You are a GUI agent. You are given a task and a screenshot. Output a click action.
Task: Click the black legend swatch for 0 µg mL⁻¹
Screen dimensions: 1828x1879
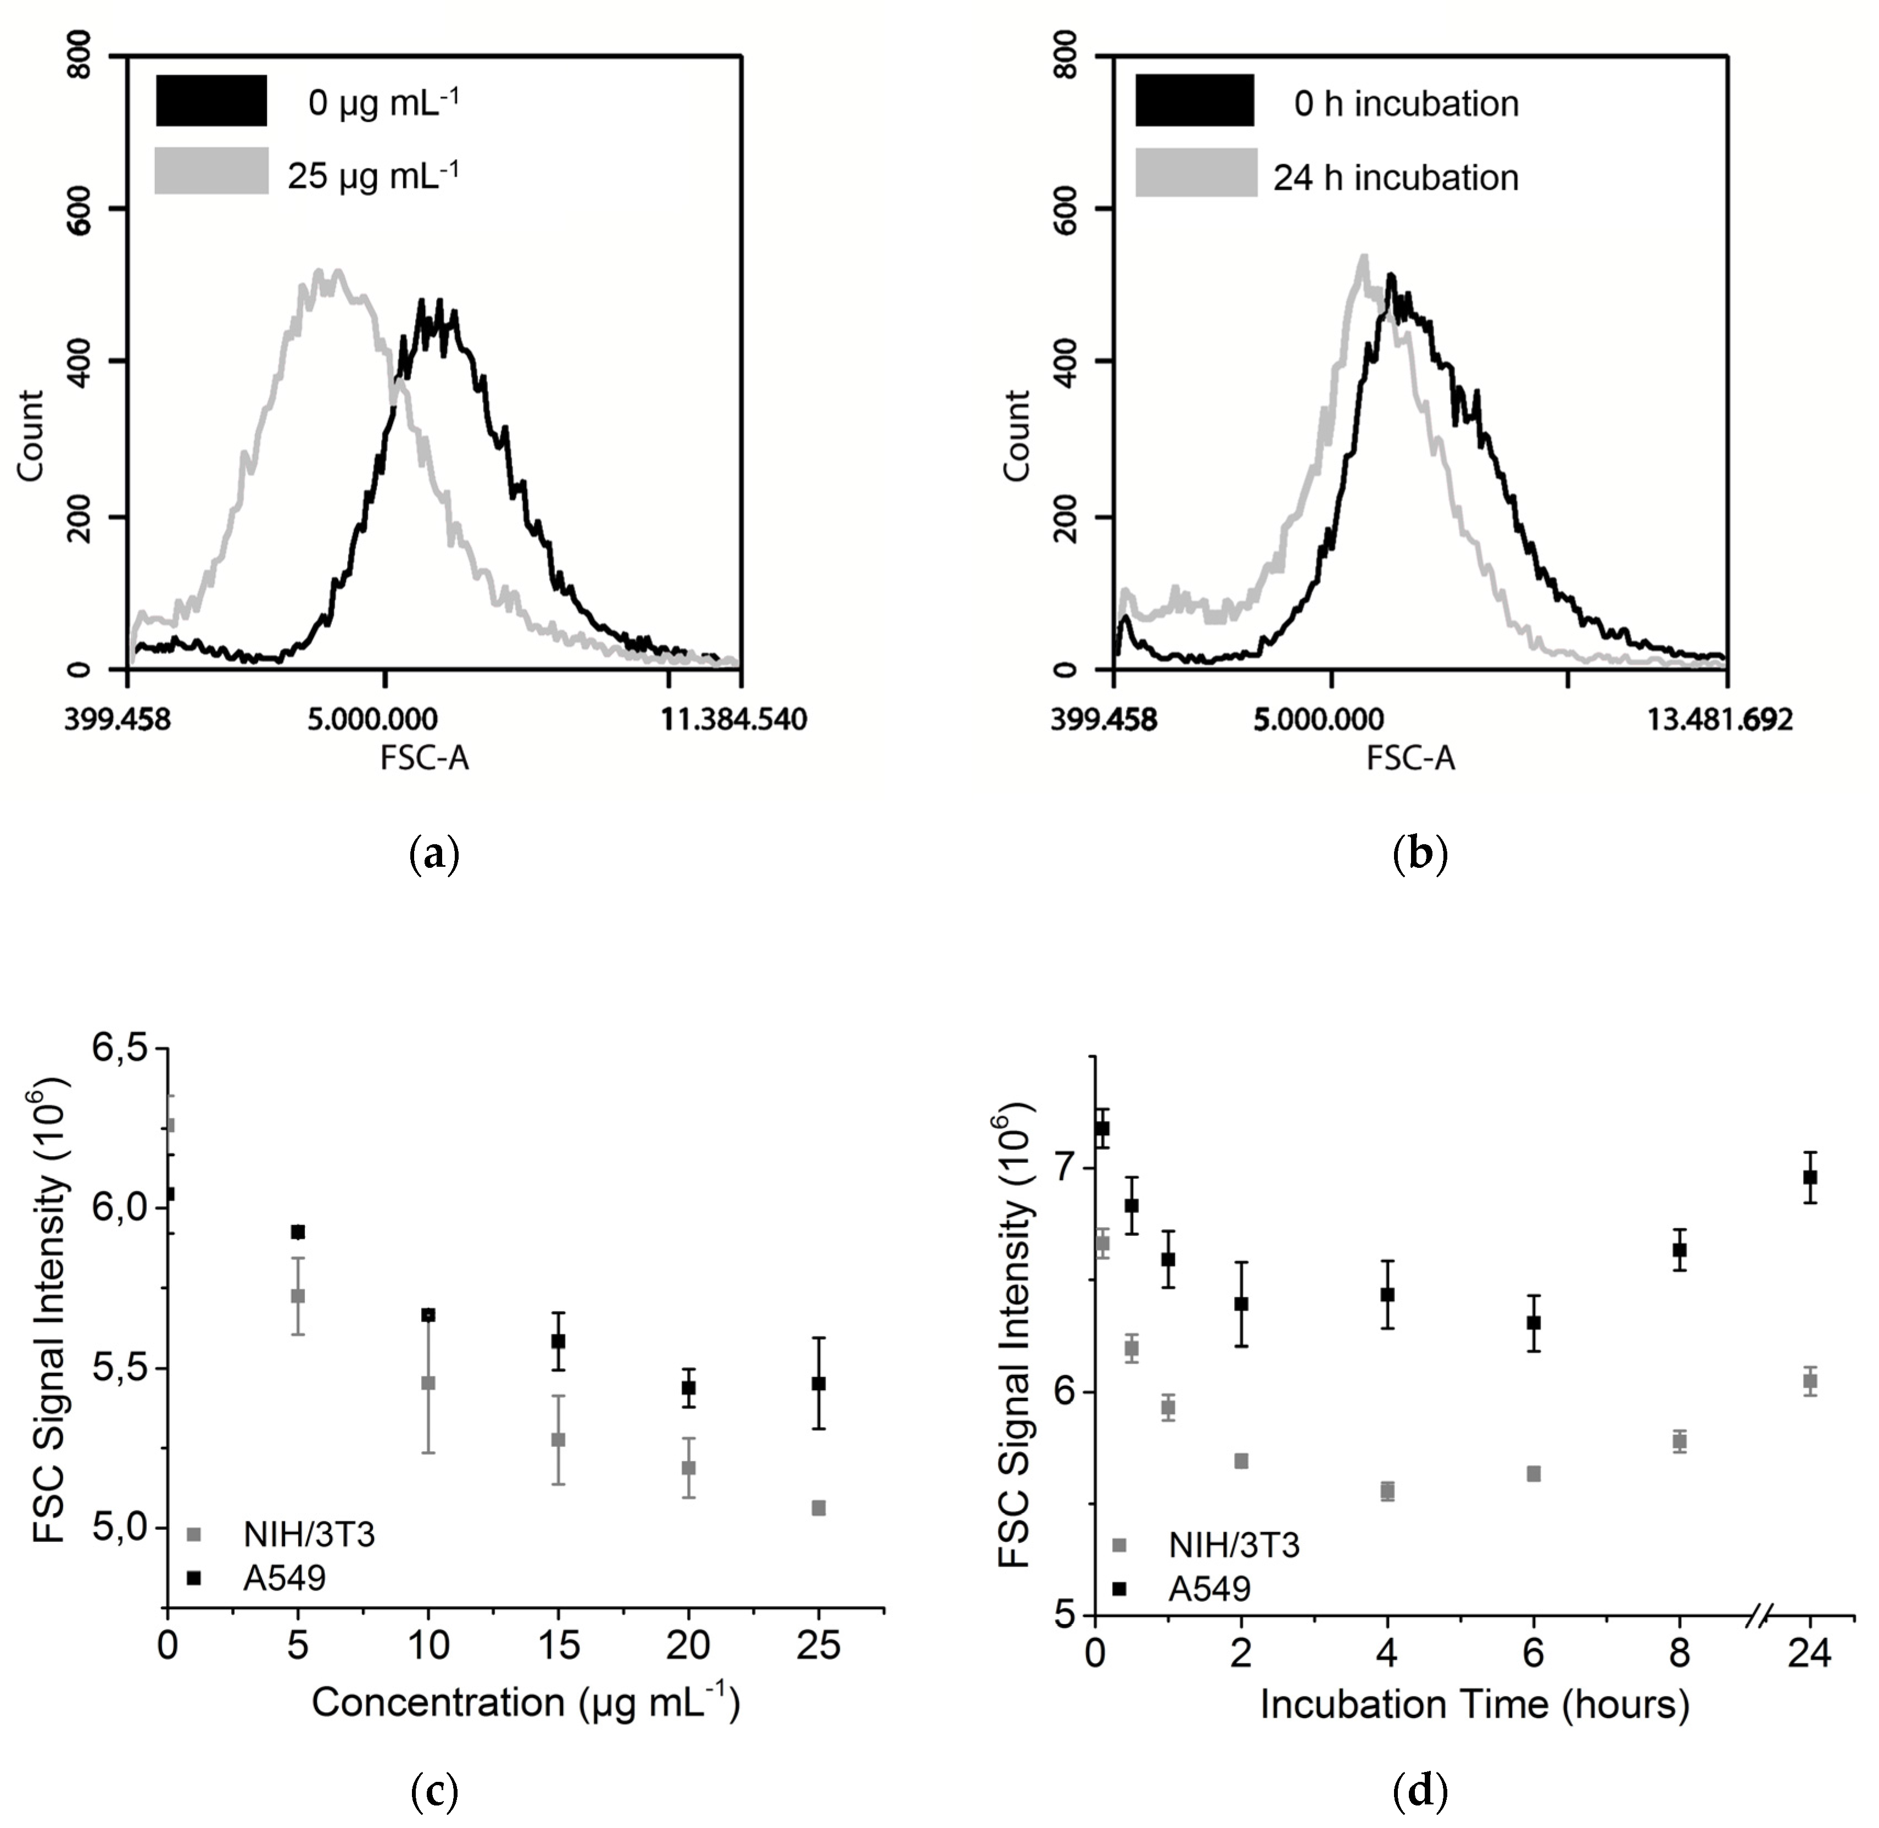point(211,101)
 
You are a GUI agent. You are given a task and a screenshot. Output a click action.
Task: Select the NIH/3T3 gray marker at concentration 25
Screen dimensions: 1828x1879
point(818,1508)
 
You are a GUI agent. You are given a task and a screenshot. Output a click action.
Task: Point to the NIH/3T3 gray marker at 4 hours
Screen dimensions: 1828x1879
point(1386,1491)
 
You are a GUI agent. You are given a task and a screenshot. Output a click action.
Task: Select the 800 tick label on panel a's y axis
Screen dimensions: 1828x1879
point(82,58)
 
